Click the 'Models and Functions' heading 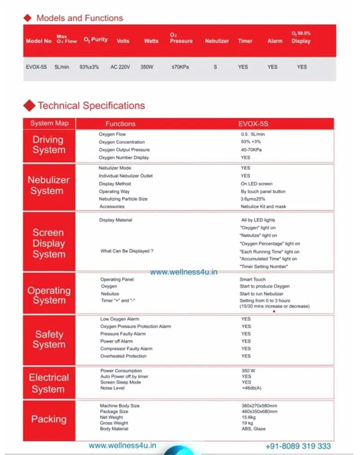tap(79, 18)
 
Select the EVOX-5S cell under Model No tap(36, 67)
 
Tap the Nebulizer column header tap(217, 41)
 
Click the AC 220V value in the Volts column tap(120, 67)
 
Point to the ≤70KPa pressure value tap(180, 67)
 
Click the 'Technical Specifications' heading tap(91, 106)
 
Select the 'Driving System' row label tap(48, 145)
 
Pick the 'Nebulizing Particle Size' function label tap(123, 199)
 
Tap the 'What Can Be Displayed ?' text tap(126, 251)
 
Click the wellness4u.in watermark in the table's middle tap(184, 272)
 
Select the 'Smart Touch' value tap(252, 279)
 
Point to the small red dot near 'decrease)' tap(274, 311)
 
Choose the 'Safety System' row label tap(49, 339)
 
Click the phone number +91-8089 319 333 tap(298, 446)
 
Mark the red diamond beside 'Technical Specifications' tap(30, 106)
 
